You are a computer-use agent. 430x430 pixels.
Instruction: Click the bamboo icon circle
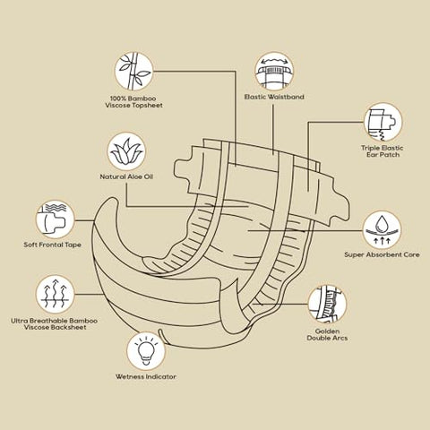(133, 71)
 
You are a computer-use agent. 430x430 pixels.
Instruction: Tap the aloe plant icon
(126, 151)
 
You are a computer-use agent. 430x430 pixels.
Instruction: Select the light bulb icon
(146, 351)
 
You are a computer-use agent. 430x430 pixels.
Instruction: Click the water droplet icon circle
(382, 230)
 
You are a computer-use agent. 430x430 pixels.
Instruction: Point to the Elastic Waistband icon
(274, 71)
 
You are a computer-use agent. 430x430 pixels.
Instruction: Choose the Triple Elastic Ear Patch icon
(383, 122)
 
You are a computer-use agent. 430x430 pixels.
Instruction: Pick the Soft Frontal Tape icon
(55, 219)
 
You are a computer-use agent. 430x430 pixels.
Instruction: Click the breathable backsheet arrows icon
(55, 294)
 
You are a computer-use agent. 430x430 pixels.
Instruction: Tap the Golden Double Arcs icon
(327, 304)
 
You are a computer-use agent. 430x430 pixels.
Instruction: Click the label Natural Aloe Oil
(126, 176)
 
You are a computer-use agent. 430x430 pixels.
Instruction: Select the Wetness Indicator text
(146, 376)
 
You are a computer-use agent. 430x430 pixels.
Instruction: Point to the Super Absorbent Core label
(382, 254)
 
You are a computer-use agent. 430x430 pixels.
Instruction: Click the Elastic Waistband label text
(274, 97)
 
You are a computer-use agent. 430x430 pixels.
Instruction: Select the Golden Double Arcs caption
(327, 335)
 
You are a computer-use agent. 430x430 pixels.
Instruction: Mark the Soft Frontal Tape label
(53, 245)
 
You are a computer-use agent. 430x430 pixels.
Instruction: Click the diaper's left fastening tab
(185, 170)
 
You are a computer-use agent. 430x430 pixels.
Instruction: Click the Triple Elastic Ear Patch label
(383, 151)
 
